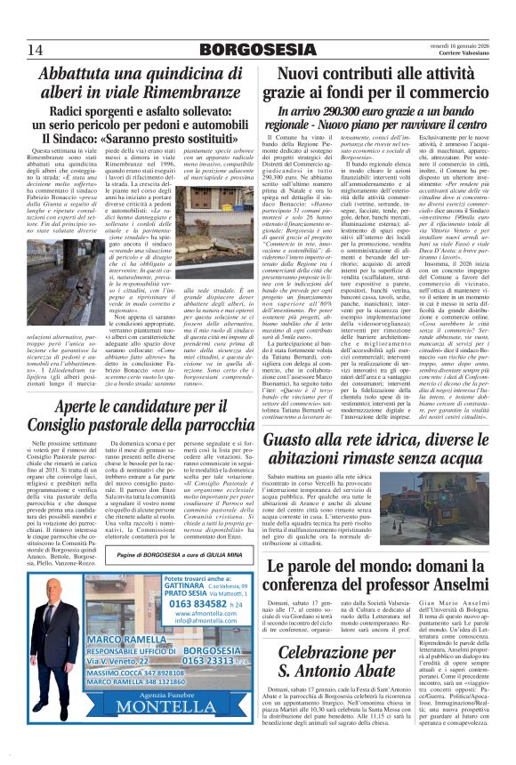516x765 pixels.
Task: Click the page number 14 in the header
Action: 35,49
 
